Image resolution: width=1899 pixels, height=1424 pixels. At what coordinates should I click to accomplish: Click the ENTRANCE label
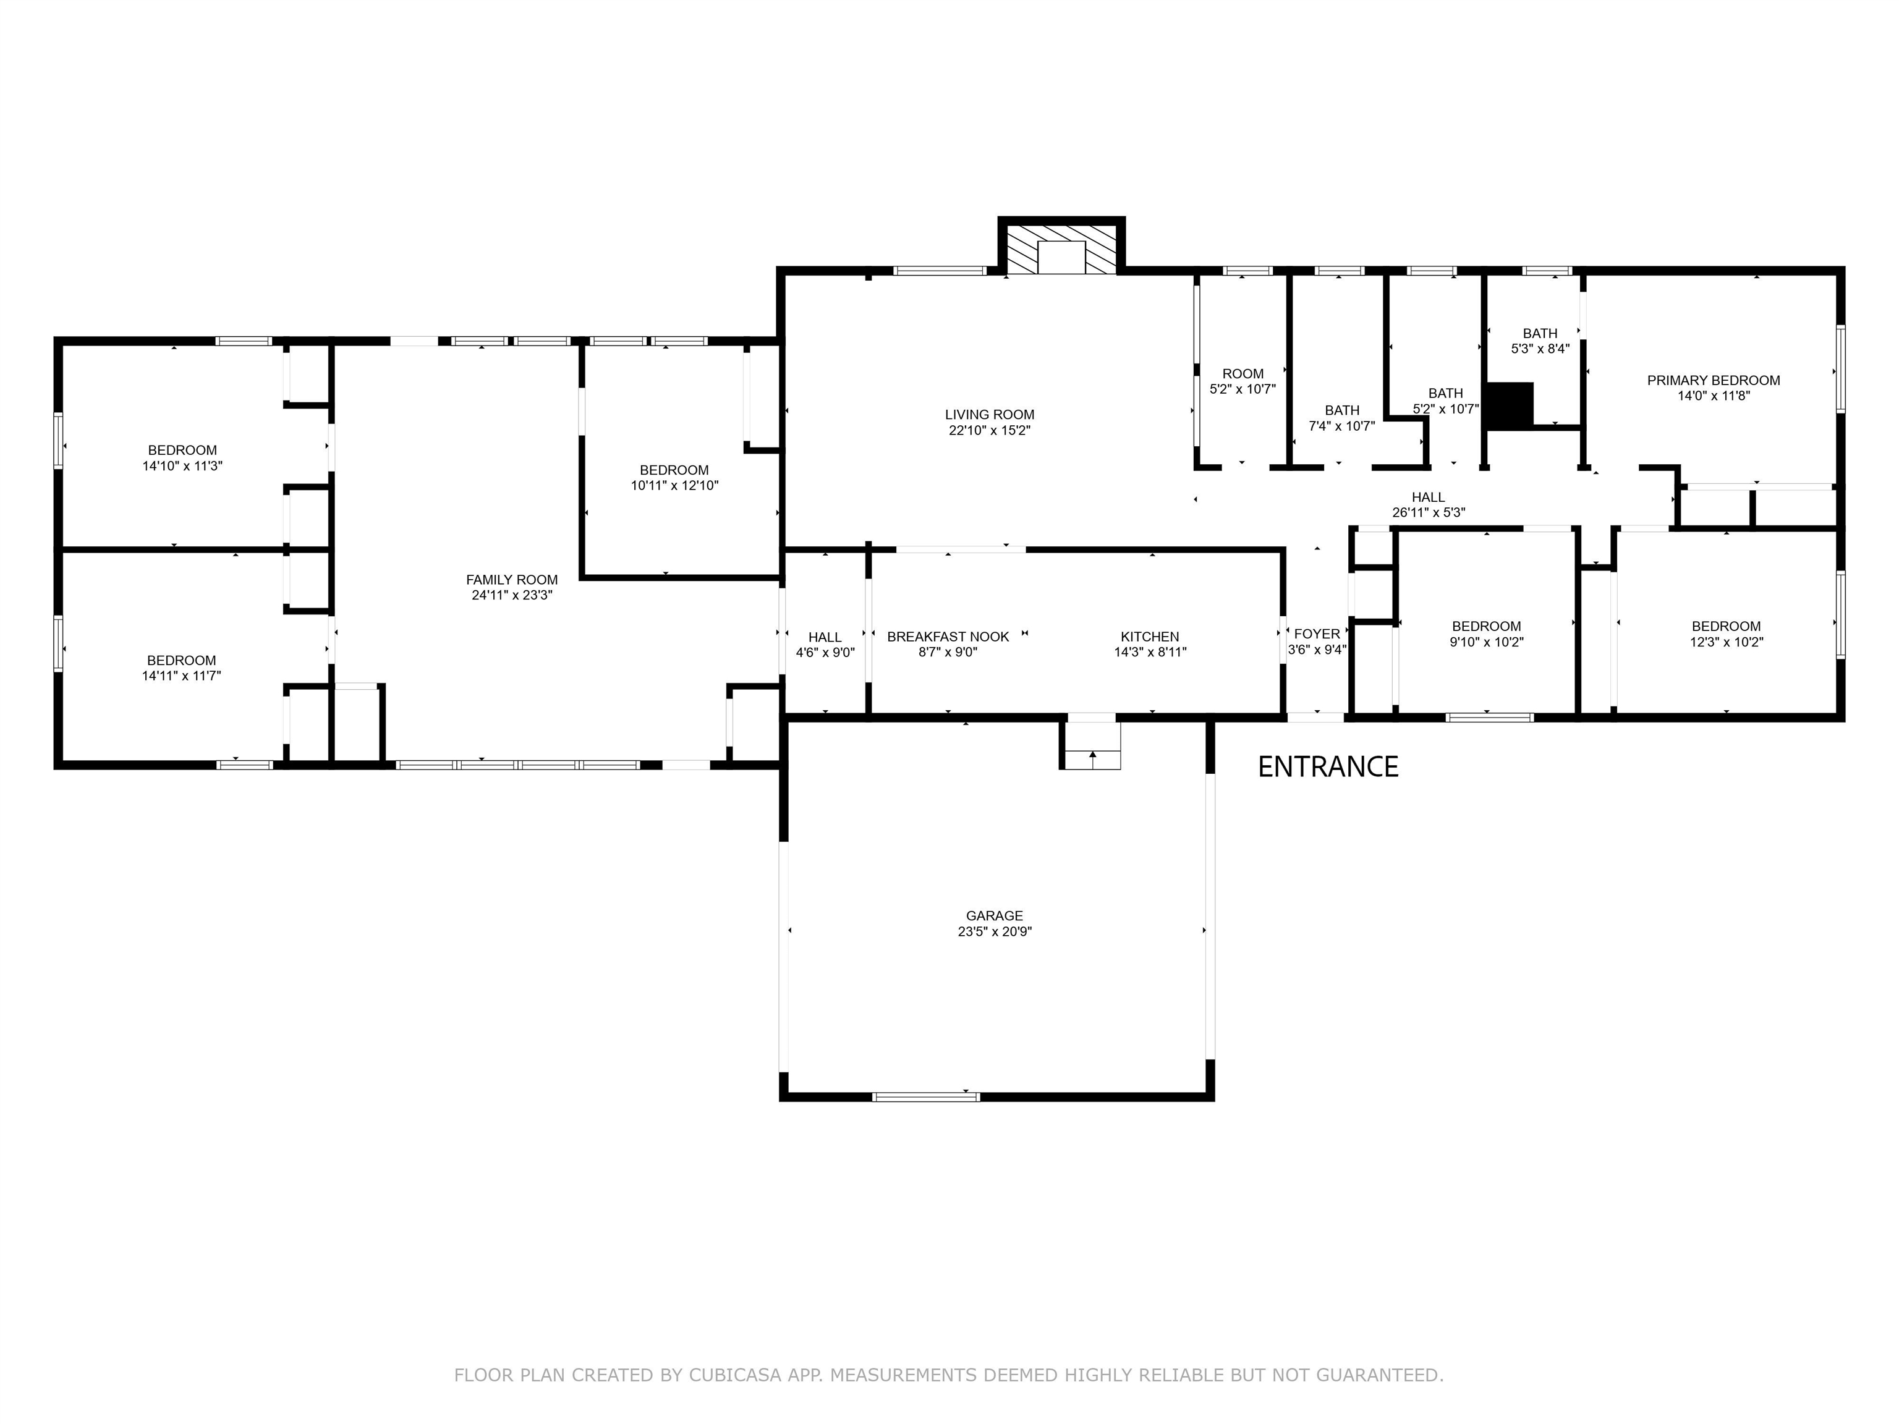point(1327,766)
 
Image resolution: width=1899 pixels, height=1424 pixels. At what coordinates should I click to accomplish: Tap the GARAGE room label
point(994,916)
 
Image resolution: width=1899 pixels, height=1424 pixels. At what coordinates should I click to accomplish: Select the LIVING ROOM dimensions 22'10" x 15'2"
point(989,431)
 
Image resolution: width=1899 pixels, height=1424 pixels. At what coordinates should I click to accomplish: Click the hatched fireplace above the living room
point(1061,249)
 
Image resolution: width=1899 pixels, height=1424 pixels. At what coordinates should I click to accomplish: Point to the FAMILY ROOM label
point(512,579)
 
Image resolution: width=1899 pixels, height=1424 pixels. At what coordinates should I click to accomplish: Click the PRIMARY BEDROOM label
point(1713,380)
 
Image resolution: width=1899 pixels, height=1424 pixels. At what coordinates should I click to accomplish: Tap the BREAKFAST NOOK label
point(948,637)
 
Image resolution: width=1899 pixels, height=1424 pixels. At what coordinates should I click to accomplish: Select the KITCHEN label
point(1150,637)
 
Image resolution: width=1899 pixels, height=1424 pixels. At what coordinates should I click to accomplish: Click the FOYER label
point(1316,634)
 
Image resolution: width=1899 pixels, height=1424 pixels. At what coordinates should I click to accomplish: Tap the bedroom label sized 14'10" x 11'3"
point(182,450)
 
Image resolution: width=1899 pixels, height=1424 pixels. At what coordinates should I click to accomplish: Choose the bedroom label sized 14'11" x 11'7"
point(181,660)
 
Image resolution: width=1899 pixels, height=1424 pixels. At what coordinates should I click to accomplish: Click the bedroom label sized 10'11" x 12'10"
point(674,470)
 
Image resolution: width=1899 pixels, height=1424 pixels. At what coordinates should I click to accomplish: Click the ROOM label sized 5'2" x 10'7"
point(1243,373)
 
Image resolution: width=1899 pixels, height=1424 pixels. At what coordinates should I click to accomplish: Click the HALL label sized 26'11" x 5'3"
point(1428,497)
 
